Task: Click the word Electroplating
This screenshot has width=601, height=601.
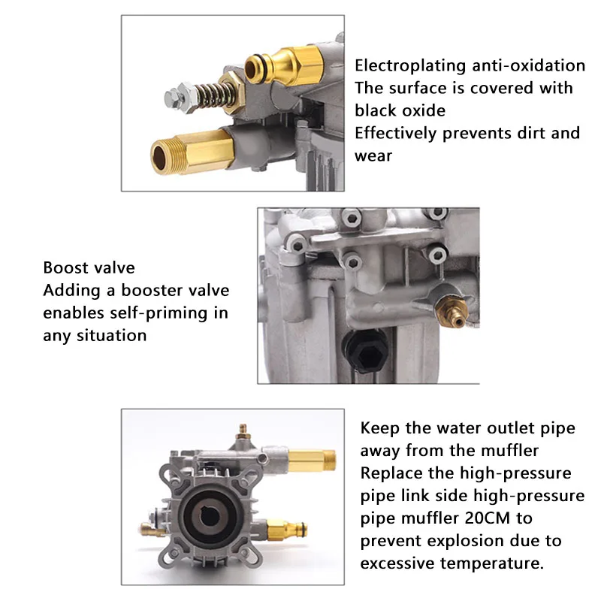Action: click(x=410, y=66)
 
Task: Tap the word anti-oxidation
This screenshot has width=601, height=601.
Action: click(x=529, y=65)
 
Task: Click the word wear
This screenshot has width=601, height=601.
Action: click(x=373, y=156)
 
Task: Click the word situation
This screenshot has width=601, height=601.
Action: click(x=111, y=336)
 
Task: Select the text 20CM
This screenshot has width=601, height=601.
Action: click(x=488, y=518)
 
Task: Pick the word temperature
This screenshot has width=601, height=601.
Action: click(x=492, y=564)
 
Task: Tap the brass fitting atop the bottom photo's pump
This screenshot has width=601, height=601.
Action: click(x=243, y=433)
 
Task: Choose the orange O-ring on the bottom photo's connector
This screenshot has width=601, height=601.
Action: click(x=302, y=530)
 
